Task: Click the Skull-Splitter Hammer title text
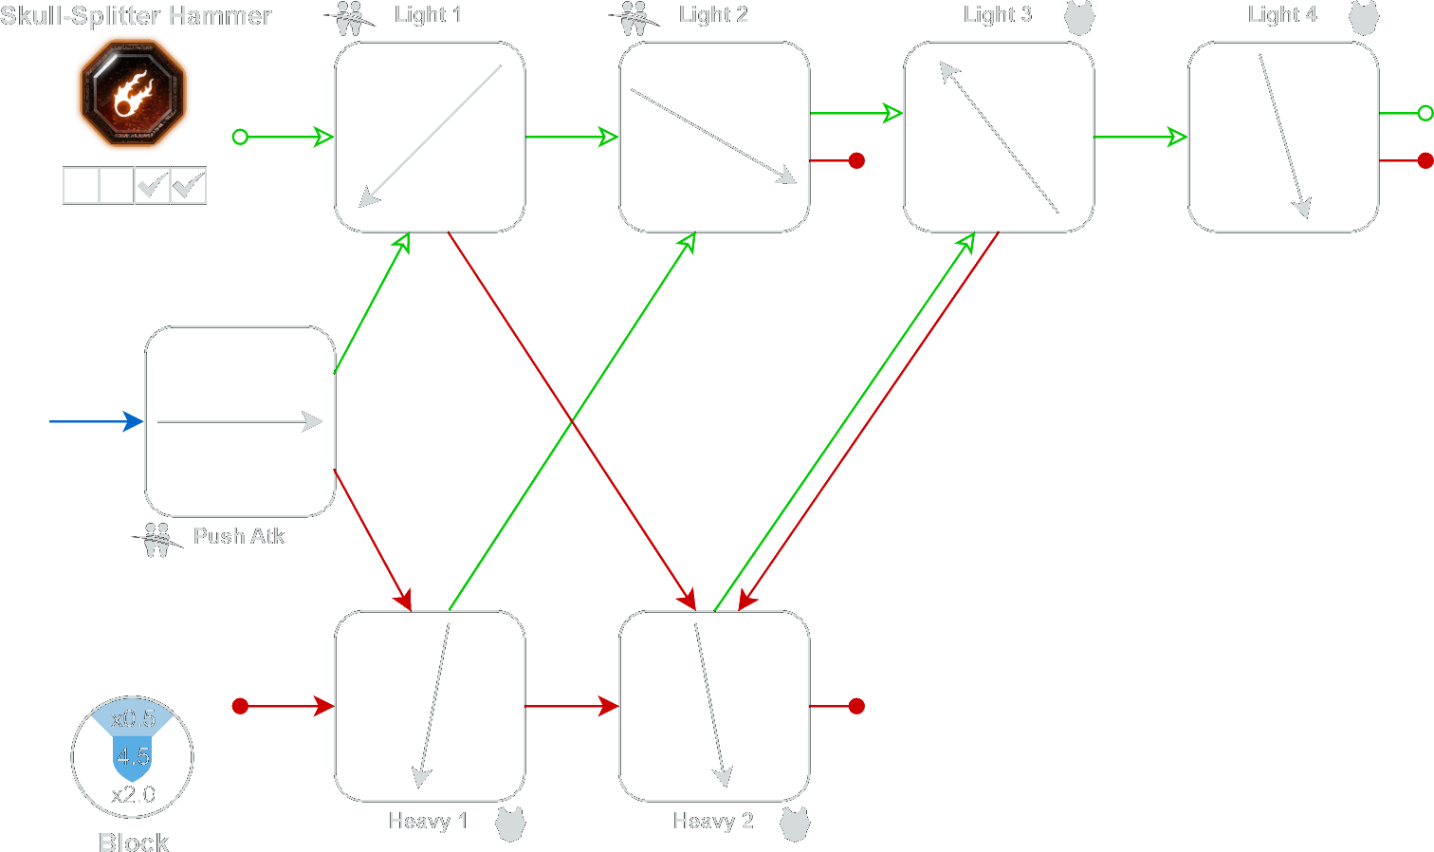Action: tap(136, 16)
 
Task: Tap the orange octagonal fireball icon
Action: tap(133, 94)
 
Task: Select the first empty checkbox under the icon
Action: tap(81, 185)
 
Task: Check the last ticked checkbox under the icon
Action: tap(188, 185)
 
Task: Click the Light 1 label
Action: tap(428, 14)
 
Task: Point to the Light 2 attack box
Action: tap(714, 137)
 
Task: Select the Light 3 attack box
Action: tap(999, 137)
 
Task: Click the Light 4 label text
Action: tap(1282, 14)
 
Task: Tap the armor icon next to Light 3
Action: tap(1079, 17)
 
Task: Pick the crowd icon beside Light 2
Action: tap(633, 18)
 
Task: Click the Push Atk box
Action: tap(240, 421)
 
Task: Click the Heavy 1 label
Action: tap(428, 821)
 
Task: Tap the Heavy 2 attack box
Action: tap(714, 706)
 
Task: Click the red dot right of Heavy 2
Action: tap(856, 706)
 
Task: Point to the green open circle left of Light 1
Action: tap(240, 138)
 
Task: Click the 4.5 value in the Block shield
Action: tap(133, 756)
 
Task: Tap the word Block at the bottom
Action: tap(134, 842)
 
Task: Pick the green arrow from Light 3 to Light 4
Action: tap(1140, 138)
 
